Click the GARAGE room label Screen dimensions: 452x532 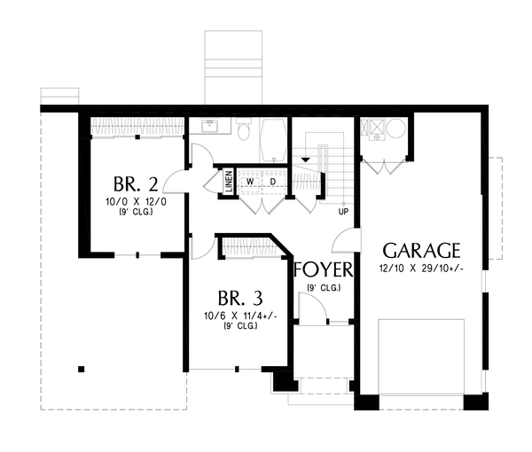[x=421, y=249]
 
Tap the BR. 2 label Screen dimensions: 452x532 [x=136, y=184]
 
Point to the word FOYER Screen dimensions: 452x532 [x=324, y=269]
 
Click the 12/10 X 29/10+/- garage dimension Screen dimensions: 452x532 [x=421, y=268]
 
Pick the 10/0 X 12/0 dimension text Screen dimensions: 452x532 [x=136, y=202]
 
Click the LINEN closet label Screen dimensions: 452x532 [x=229, y=182]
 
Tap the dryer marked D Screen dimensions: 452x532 [x=273, y=182]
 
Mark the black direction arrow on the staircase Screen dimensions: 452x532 [x=306, y=158]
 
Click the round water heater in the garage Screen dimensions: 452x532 [x=395, y=129]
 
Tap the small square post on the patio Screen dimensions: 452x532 [x=81, y=369]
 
